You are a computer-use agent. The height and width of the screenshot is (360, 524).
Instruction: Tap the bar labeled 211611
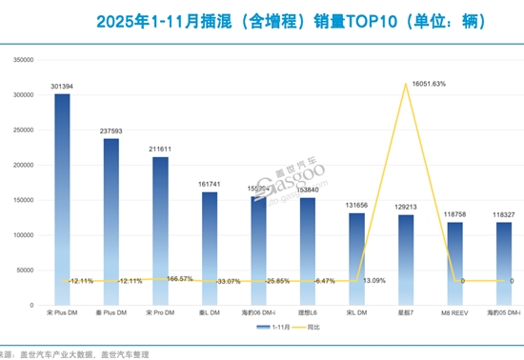[x=160, y=230]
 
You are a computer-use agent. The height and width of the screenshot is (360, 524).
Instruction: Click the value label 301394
[x=62, y=86]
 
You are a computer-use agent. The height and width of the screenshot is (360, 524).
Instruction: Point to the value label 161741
[x=210, y=185]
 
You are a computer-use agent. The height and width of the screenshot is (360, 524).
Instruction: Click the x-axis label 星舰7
[x=406, y=312]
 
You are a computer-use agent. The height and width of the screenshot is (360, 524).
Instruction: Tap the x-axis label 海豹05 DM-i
[x=504, y=312]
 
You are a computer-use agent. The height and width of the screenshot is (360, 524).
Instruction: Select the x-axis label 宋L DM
[x=356, y=312]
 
